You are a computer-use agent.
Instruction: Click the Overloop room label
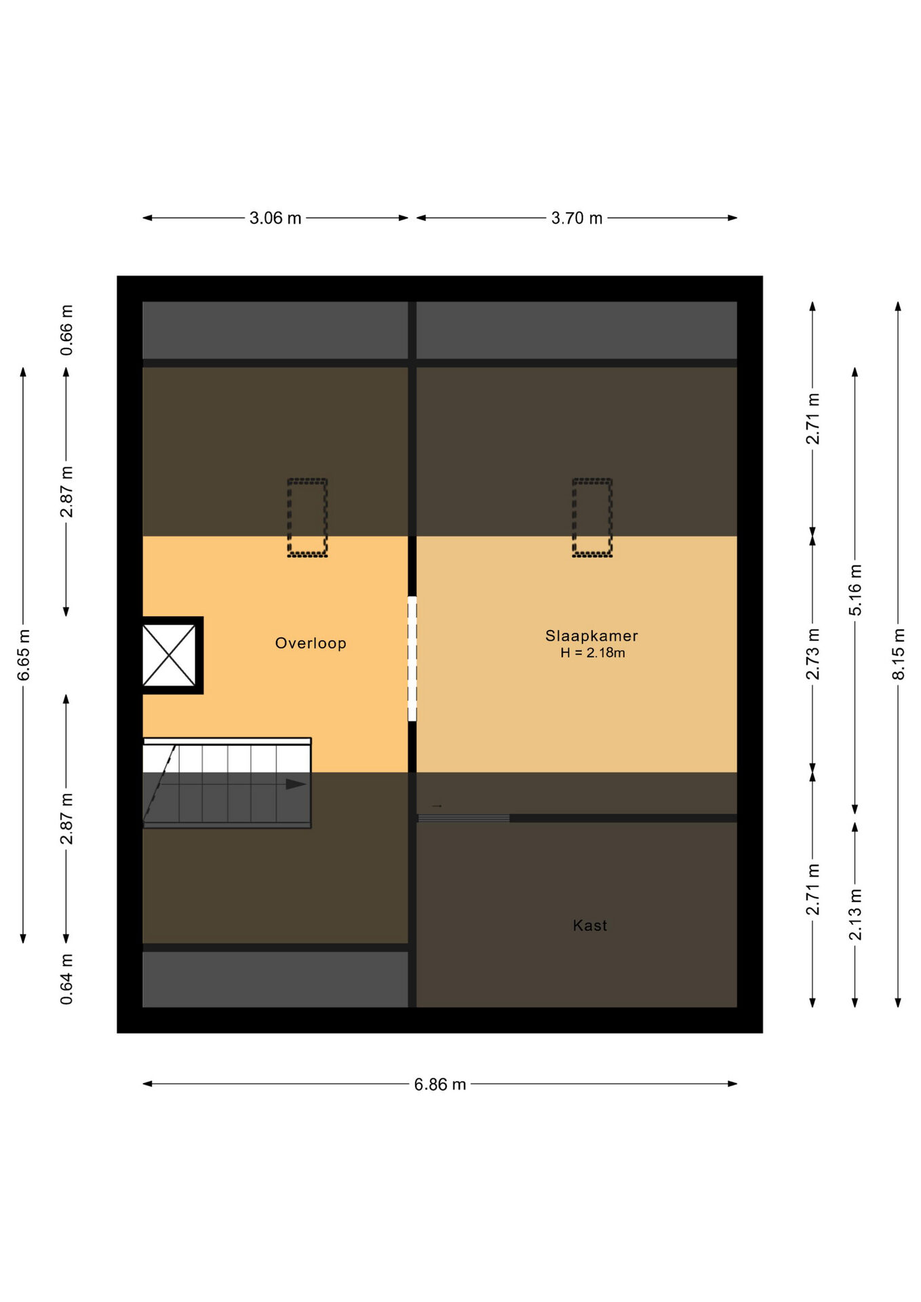(x=311, y=644)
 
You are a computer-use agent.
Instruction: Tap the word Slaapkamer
(x=591, y=636)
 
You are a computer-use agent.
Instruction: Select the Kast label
(x=590, y=925)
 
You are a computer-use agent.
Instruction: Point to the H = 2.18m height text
(x=593, y=653)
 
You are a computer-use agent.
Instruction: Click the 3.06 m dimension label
(x=275, y=218)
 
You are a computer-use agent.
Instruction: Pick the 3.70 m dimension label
(x=576, y=218)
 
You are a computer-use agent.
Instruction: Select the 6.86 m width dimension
(x=440, y=1084)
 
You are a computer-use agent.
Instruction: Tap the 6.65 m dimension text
(x=24, y=654)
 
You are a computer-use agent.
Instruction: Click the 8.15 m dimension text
(x=898, y=654)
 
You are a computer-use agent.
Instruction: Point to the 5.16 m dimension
(x=855, y=590)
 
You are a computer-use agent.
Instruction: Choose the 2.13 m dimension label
(x=855, y=915)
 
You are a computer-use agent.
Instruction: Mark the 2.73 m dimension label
(x=812, y=654)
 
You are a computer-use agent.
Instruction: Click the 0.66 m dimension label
(x=66, y=330)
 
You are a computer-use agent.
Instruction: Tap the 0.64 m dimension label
(x=66, y=979)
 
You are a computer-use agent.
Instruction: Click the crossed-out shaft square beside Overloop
(x=170, y=655)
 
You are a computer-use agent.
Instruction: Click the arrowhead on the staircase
(x=296, y=785)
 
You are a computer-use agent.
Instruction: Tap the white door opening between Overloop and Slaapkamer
(x=412, y=658)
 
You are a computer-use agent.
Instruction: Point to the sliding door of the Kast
(x=463, y=818)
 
